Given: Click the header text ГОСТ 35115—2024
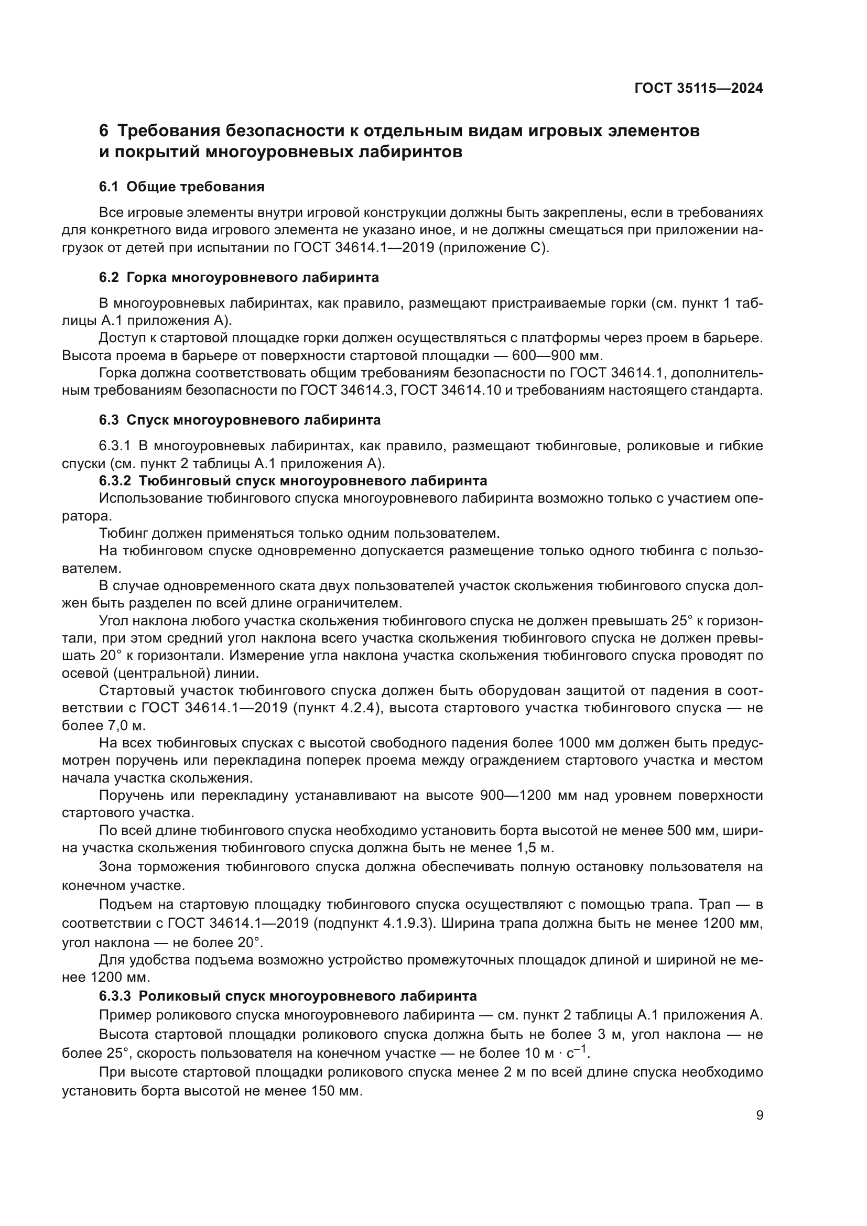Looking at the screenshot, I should pyautogui.click(x=698, y=88).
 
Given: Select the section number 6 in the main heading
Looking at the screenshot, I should pyautogui.click(x=104, y=131).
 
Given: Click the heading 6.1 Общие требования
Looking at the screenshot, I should pyautogui.click(x=181, y=187).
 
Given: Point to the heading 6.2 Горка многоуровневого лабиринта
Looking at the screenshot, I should pyautogui.click(x=239, y=278).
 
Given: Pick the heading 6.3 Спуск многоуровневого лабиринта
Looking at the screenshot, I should pyautogui.click(x=240, y=420).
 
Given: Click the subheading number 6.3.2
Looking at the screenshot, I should pyautogui.click(x=115, y=481).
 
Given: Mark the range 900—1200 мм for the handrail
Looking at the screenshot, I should pyautogui.click(x=528, y=796).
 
